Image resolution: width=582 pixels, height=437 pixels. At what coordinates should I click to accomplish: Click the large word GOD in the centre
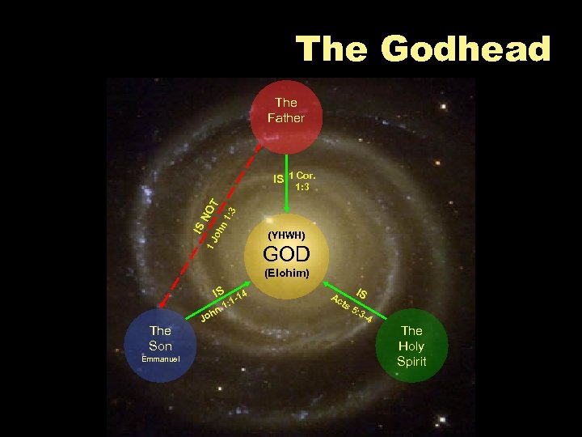point(287,254)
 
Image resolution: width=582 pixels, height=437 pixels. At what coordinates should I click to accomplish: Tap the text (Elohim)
point(287,274)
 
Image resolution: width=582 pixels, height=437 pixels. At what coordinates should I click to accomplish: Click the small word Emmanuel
point(160,359)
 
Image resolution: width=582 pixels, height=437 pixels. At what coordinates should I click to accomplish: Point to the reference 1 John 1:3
point(220,231)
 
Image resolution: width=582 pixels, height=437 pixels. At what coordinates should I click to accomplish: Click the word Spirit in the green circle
point(411,362)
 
